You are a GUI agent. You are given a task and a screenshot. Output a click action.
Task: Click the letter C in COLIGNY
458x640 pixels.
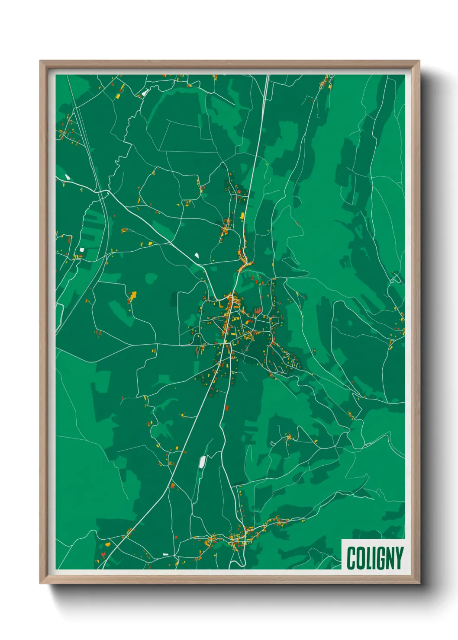351,558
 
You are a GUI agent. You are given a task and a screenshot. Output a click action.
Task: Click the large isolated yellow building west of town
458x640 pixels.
133,296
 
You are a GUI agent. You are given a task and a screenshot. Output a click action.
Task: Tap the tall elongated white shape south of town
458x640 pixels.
202,461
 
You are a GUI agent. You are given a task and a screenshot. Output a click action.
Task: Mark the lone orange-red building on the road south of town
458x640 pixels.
226,408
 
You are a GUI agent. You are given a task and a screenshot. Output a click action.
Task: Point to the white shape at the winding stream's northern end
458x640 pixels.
145,92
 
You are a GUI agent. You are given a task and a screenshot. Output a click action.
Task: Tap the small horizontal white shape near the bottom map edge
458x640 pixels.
165,554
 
